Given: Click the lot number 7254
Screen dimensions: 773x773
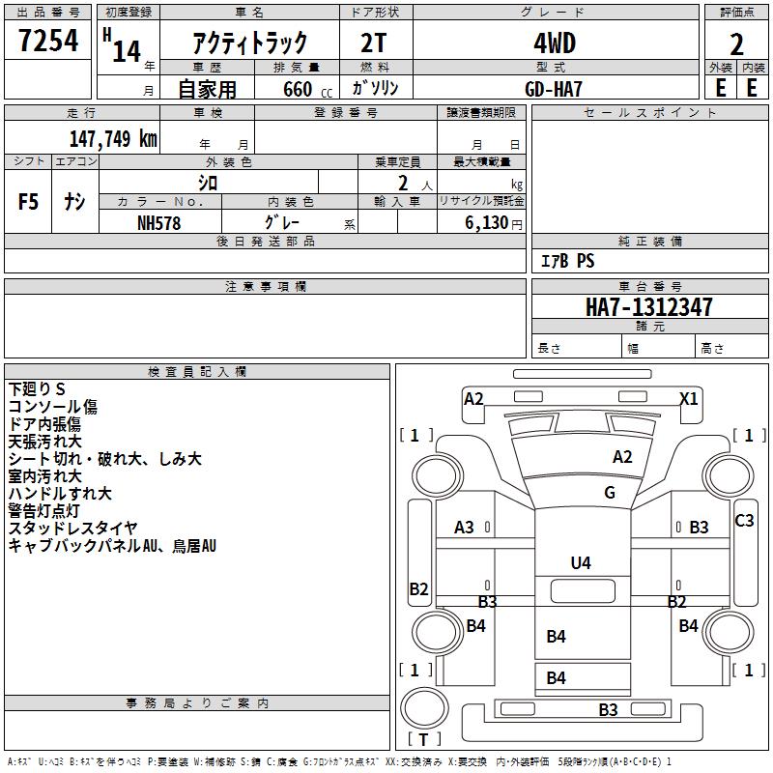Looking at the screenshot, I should coord(48,42).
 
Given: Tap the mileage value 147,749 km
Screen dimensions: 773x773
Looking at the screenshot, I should coord(113,138).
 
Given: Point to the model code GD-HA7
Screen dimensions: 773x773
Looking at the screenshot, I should coord(555,87).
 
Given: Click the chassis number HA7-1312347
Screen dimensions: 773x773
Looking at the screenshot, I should coord(649,307).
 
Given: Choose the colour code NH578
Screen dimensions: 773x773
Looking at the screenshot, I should coord(159,222).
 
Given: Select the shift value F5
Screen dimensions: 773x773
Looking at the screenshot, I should coord(29,202).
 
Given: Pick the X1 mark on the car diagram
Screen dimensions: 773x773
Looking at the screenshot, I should coord(689,398).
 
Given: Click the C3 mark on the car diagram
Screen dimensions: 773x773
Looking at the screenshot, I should coord(744,521).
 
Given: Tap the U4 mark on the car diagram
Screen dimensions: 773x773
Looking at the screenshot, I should coord(580,562).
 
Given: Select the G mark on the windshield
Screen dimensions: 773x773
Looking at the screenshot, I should coord(610,492).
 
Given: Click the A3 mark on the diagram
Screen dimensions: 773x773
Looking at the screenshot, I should coord(465,527).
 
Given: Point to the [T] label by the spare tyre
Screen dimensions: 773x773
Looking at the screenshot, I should coord(424,739).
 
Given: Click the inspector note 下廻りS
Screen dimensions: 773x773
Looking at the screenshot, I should coord(38,388).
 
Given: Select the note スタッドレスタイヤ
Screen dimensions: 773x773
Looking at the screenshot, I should coord(73,528).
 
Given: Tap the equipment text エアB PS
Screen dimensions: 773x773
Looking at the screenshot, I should coord(566,261).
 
